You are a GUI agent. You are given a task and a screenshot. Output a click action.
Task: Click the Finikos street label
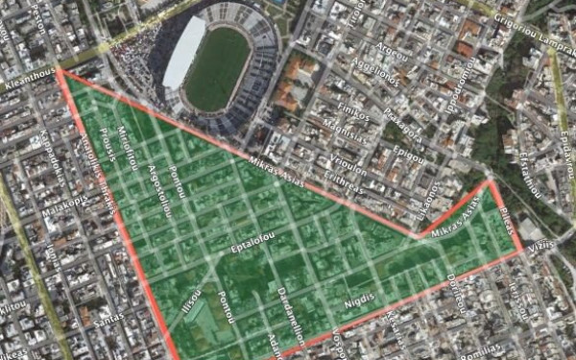point(353,113)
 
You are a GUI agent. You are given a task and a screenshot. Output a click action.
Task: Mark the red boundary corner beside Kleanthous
point(60,69)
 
